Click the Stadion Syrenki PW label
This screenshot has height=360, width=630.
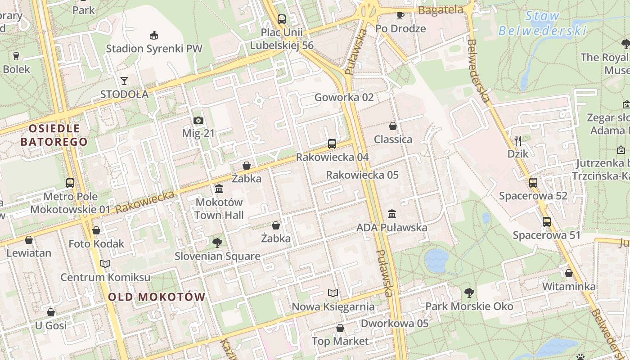[154, 49]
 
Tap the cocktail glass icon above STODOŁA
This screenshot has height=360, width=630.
[124, 81]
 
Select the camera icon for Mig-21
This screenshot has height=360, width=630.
[198, 120]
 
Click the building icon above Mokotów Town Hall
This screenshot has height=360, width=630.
[219, 189]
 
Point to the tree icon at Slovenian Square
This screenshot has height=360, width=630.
[217, 243]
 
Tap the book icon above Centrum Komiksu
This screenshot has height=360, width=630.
[105, 264]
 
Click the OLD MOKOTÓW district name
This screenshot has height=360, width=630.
[157, 297]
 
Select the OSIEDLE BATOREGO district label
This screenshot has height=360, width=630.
[54, 135]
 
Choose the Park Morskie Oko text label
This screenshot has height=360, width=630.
[469, 306]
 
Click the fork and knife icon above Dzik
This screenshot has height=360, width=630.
[517, 140]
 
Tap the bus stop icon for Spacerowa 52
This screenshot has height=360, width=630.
[533, 182]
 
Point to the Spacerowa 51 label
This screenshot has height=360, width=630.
[547, 235]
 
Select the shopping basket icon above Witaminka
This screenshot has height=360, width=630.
[569, 273]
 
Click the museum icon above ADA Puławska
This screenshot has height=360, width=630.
[392, 214]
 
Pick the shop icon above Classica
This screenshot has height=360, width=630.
[393, 126]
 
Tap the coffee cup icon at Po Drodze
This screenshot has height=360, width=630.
[400, 15]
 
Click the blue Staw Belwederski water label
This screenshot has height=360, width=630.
[543, 23]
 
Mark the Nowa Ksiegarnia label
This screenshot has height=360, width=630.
[333, 307]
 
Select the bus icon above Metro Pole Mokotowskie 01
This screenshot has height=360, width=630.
[70, 183]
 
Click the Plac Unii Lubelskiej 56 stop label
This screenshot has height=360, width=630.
[282, 39]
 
